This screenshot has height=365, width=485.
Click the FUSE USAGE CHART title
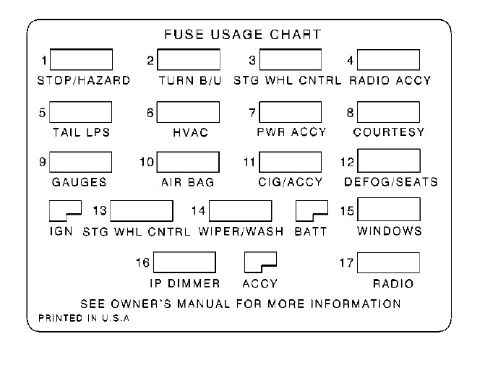pyautogui.click(x=242, y=35)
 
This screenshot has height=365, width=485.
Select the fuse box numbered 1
pyautogui.click(x=80, y=59)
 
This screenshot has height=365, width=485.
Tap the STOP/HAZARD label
pyautogui.click(x=83, y=80)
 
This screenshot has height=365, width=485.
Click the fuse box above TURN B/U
pyautogui.click(x=189, y=59)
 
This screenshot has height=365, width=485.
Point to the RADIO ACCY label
pyautogui.click(x=390, y=80)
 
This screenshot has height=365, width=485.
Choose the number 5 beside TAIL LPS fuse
pyautogui.click(x=43, y=112)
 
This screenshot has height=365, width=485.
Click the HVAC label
pyautogui.click(x=192, y=132)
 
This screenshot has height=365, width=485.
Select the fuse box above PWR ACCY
pyautogui.click(x=290, y=111)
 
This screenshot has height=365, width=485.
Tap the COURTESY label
pyautogui.click(x=388, y=132)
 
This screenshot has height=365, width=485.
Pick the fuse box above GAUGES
pyautogui.click(x=80, y=162)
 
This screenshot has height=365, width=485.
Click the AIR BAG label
pyautogui.click(x=187, y=182)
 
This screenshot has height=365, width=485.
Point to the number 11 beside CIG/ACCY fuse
pyautogui.click(x=249, y=161)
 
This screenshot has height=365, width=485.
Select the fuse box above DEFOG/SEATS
pyautogui.click(x=388, y=160)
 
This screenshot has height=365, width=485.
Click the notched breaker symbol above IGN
pyautogui.click(x=64, y=210)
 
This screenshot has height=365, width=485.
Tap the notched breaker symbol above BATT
pyautogui.click(x=312, y=210)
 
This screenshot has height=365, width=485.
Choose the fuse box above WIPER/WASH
pyautogui.click(x=240, y=210)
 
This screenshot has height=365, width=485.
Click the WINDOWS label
pyautogui.click(x=390, y=231)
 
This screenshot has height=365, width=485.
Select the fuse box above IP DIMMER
pyautogui.click(x=185, y=262)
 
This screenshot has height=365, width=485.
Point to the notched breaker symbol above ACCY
pyautogui.click(x=260, y=262)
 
